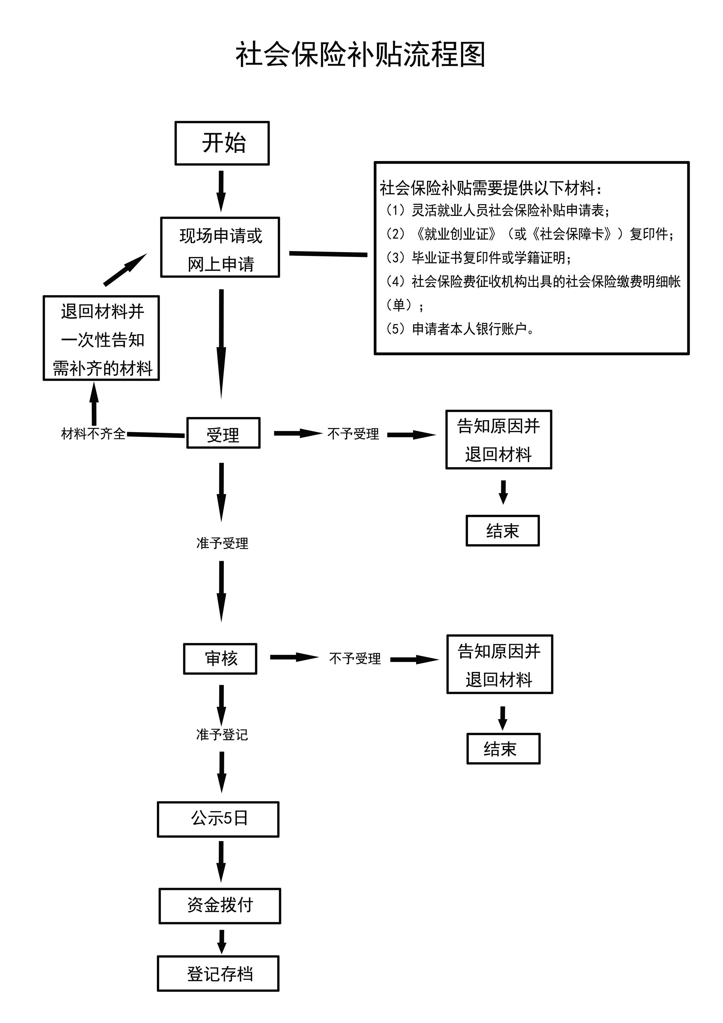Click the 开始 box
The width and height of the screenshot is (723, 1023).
(x=222, y=143)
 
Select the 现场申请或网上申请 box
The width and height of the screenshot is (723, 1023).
(x=220, y=248)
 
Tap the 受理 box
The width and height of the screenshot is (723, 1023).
(x=223, y=433)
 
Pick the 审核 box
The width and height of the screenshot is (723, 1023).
(x=220, y=658)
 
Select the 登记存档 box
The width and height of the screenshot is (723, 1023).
(x=218, y=974)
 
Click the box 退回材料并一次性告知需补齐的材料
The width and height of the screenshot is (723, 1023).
(x=101, y=338)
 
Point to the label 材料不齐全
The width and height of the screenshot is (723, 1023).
(x=93, y=434)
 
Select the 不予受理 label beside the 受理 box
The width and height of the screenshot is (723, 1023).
(x=353, y=434)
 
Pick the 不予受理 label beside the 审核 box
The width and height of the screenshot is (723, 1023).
(x=355, y=658)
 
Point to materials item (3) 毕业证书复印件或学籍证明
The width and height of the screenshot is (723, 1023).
(x=479, y=257)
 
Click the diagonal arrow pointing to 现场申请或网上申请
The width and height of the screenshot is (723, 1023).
(x=125, y=269)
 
